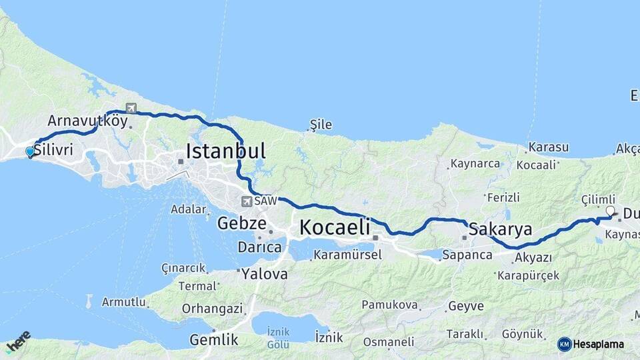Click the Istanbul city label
225,151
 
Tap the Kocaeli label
334,227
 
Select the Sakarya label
500,230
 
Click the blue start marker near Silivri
29,152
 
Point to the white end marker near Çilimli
609,211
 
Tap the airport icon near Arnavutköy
130,109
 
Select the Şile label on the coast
320,125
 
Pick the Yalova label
265,273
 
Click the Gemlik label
213,339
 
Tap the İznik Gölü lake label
278,338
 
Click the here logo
18,341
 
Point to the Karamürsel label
347,254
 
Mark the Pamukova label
390,305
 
